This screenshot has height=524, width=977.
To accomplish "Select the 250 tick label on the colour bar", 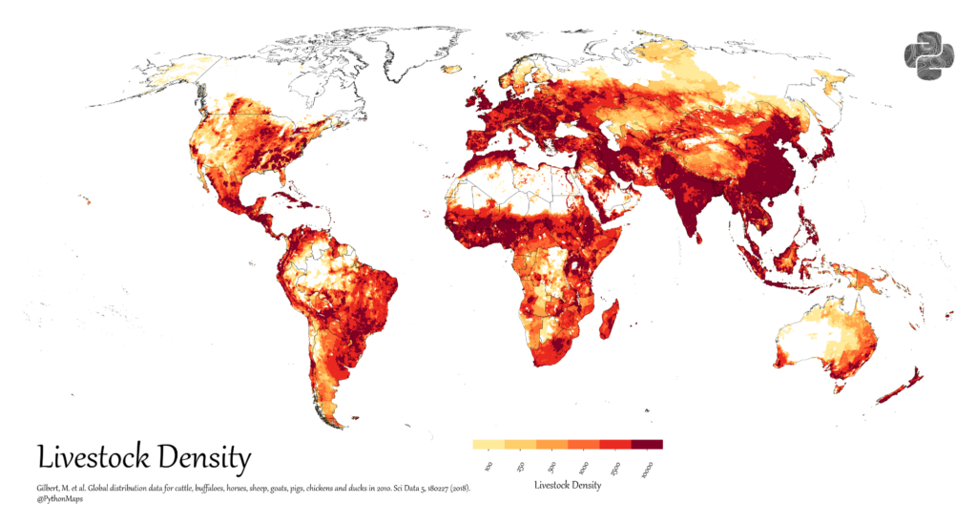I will coord(521,466).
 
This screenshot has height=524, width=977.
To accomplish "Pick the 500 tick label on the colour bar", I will coord(552,466).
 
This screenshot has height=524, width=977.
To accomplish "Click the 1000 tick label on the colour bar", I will coord(583,467).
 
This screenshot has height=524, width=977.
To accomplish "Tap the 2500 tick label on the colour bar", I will coord(614,467).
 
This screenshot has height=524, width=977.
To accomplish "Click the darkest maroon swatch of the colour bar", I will coord(647,444).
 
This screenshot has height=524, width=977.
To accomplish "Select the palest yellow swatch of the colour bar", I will coord(488,444).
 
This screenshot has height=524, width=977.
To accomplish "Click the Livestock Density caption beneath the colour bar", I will coord(568,486).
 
